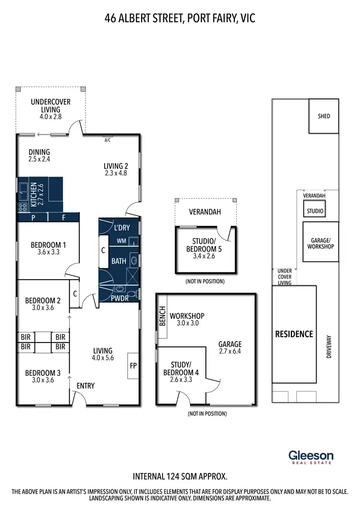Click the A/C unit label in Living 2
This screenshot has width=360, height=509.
pyautogui.click(x=107, y=141)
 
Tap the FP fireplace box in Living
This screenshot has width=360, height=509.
pyautogui.click(x=133, y=366)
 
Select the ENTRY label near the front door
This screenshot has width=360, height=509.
pyautogui.click(x=86, y=386)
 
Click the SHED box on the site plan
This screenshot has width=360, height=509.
pyautogui.click(x=324, y=116)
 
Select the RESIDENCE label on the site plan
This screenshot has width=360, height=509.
pyautogui.click(x=294, y=334)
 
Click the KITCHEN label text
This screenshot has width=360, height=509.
pyautogui.click(x=34, y=194)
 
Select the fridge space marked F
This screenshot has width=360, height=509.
pyautogui.click(x=63, y=217)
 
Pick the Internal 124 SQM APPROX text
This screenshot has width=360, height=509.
pyautogui.click(x=180, y=476)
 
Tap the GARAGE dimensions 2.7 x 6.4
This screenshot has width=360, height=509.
pyautogui.click(x=230, y=352)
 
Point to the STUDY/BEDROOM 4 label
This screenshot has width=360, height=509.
pyautogui.click(x=181, y=370)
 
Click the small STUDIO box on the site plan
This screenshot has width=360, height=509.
pyautogui.click(x=315, y=211)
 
